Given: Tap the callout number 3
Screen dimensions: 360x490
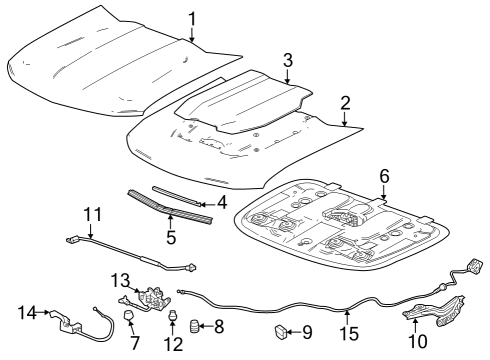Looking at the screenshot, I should click(287, 60).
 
